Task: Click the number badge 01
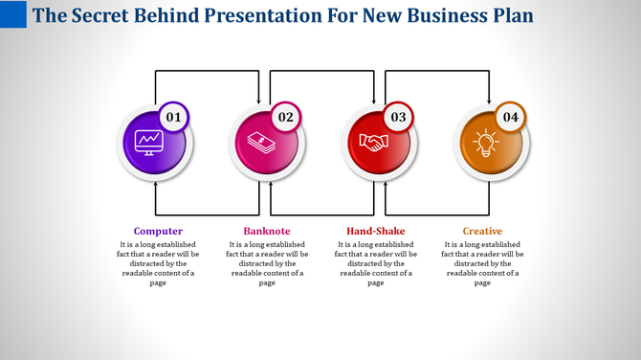coord(173,118)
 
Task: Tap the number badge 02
coord(285,118)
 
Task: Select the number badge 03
coord(397,118)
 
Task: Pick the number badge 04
coord(509,118)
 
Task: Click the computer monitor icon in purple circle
coord(148,143)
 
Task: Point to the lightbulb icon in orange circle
coord(485,143)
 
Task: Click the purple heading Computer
coord(158,231)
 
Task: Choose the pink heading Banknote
coord(267,231)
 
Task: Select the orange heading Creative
coord(482,231)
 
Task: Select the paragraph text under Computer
coord(158,263)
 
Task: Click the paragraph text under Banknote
coord(267,263)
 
